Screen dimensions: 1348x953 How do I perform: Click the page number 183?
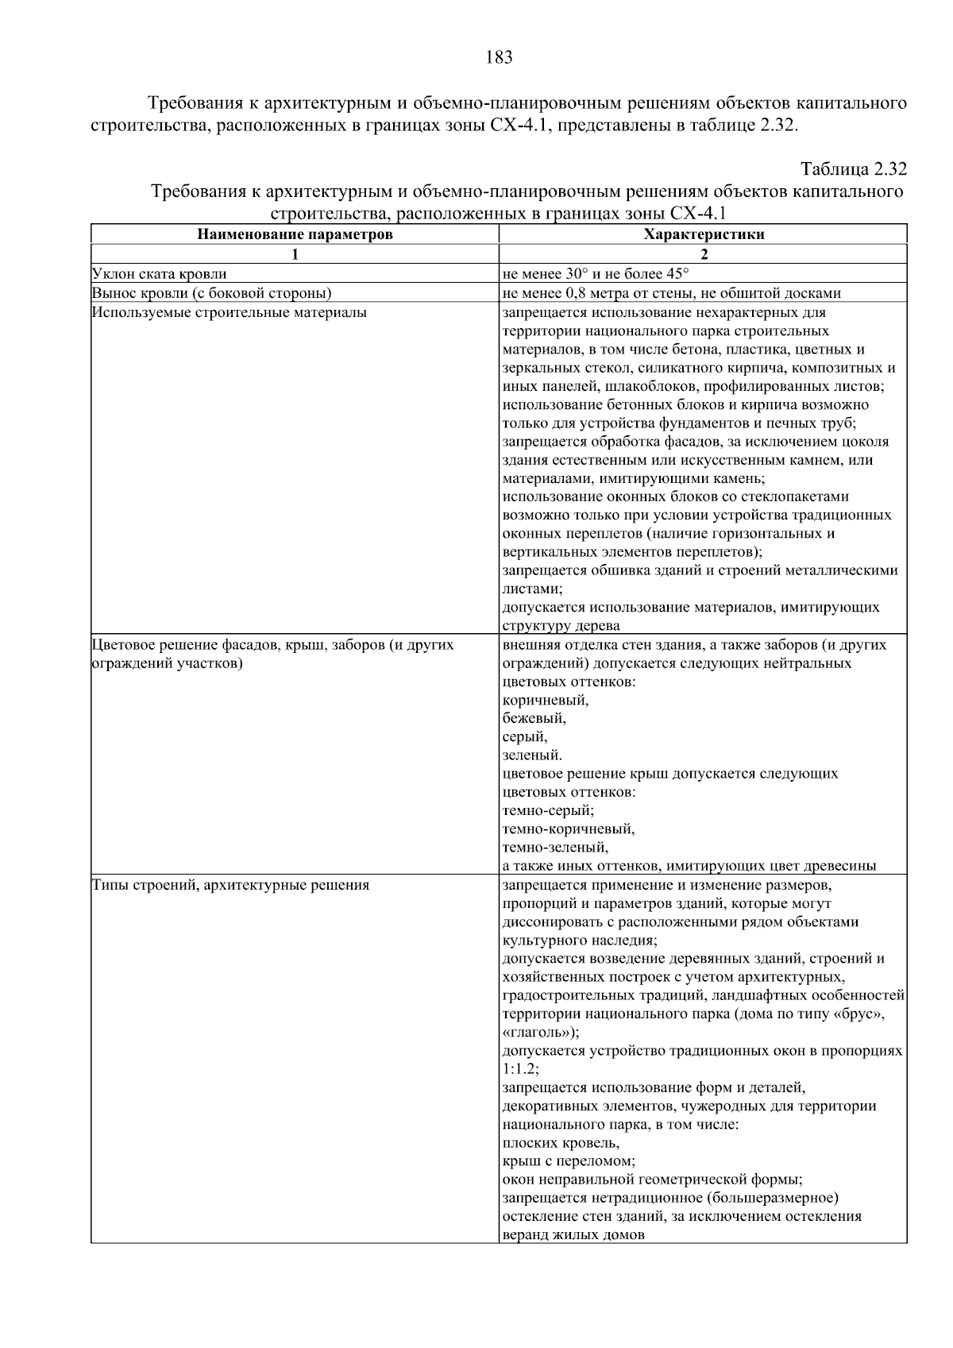(498, 57)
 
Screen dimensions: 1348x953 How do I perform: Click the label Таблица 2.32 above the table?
(853, 170)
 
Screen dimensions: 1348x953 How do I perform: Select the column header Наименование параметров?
(295, 234)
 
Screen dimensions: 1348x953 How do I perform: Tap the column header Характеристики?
(704, 234)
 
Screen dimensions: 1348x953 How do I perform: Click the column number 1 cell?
(295, 254)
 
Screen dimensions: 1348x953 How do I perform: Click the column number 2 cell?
(704, 254)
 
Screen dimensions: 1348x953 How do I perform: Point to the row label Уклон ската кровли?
(160, 274)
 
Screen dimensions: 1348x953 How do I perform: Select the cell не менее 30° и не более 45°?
(596, 274)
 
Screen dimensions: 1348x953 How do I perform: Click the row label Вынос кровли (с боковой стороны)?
(211, 293)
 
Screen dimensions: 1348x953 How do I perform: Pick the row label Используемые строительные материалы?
(230, 312)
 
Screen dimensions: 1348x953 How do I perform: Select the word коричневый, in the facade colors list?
(546, 700)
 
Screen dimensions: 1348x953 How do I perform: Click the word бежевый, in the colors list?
(534, 718)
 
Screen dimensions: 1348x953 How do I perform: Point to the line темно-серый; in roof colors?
(548, 810)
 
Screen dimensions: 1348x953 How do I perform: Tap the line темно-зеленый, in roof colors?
(555, 848)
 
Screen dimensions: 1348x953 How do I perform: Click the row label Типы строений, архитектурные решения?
(230, 885)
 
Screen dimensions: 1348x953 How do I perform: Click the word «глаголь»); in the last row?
(541, 1033)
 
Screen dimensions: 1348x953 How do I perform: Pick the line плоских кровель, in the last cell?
(561, 1143)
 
